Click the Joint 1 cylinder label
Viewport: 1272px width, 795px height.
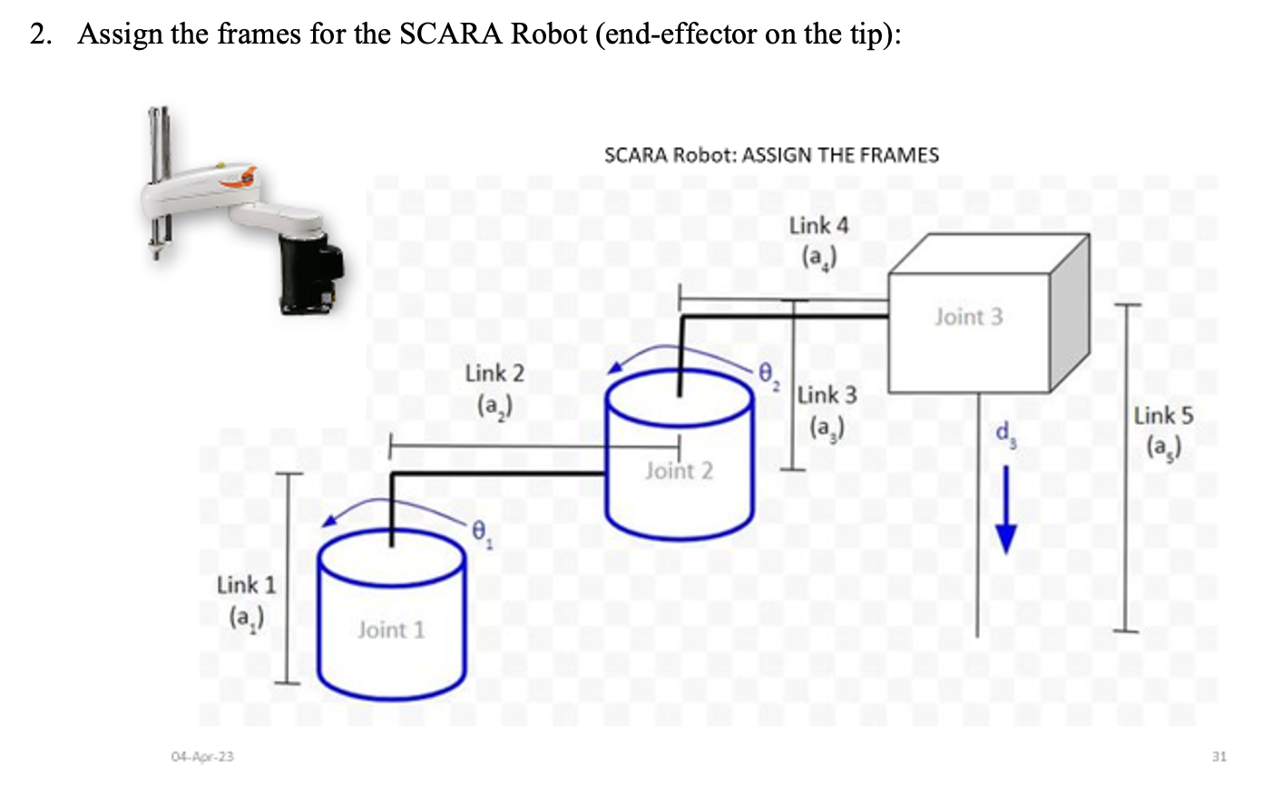pyautogui.click(x=390, y=629)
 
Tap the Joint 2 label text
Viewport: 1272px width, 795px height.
pyautogui.click(x=679, y=470)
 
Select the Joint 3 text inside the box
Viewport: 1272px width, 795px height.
pyautogui.click(x=968, y=317)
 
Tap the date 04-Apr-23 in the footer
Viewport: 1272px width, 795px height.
pyautogui.click(x=201, y=756)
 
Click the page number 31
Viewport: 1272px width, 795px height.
pyautogui.click(x=1218, y=756)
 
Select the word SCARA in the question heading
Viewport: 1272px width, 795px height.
pyautogui.click(x=451, y=34)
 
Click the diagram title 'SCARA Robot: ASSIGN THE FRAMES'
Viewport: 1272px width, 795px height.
pyautogui.click(x=771, y=155)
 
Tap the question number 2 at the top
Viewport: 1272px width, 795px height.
pyautogui.click(x=39, y=34)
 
